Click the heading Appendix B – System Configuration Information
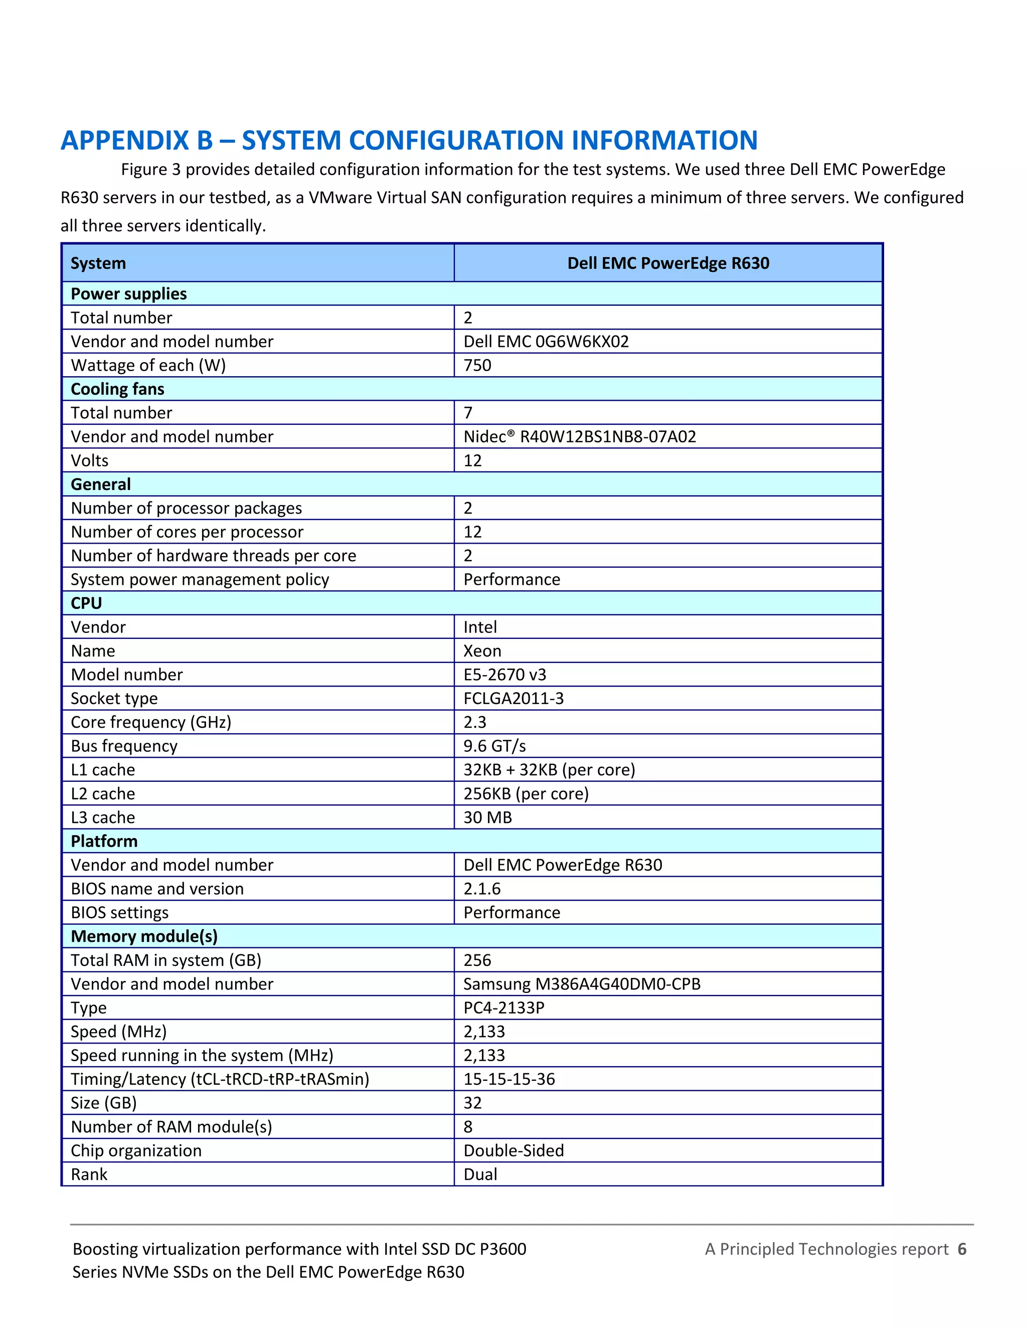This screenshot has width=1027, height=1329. pos(409,140)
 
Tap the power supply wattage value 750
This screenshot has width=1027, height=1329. pos(477,365)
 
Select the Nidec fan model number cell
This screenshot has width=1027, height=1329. pos(579,436)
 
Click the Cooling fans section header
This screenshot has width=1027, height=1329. pos(117,389)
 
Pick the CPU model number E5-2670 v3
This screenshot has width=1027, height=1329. pos(504,674)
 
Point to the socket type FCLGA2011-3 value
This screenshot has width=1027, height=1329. pos(513,698)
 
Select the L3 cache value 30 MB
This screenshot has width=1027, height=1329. pos(487,817)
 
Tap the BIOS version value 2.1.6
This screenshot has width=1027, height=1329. pos(482,889)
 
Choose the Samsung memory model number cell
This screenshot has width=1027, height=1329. pos(582,984)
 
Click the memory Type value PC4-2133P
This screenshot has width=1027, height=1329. pos(504,1008)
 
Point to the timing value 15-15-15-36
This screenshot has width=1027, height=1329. pos(509,1079)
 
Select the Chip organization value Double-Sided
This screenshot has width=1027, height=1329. pos(513,1150)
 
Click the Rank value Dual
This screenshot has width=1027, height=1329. pos(480,1175)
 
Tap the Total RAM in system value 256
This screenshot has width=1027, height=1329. pos(477,960)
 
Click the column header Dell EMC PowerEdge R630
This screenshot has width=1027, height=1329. pos(668,263)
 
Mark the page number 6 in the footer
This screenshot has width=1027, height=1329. pos(962,1249)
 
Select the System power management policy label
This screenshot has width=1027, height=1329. pos(200,579)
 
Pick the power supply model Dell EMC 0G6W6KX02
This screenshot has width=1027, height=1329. pos(546,342)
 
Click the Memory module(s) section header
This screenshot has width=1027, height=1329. pos(144,936)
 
